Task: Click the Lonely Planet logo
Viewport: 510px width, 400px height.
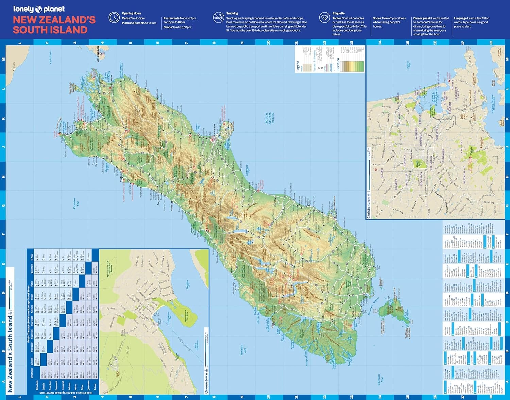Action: pyautogui.click(x=38, y=9)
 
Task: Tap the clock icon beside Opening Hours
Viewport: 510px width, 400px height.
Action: pyautogui.click(x=114, y=18)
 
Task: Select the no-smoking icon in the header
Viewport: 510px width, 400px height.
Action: pyautogui.click(x=218, y=18)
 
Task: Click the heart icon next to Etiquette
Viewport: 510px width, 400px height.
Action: pyautogui.click(x=324, y=17)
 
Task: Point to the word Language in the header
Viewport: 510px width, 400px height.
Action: pyautogui.click(x=460, y=18)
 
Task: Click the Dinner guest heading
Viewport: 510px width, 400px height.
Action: pyautogui.click(x=422, y=18)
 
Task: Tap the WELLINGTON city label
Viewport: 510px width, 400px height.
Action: pyautogui.click(x=99, y=54)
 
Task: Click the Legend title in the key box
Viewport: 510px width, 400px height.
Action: pyautogui.click(x=298, y=66)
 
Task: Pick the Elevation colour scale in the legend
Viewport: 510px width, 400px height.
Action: pyautogui.click(x=353, y=66)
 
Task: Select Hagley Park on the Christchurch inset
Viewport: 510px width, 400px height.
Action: pyautogui.click(x=418, y=163)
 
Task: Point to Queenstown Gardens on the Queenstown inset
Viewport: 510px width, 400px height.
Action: pyautogui.click(x=186, y=316)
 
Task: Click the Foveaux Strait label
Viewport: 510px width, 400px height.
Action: pyautogui.click(x=373, y=306)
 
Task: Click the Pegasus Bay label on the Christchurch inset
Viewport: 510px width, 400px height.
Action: pyautogui.click(x=409, y=64)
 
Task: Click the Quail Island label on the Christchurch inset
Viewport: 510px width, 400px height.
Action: pyautogui.click(x=502, y=122)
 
